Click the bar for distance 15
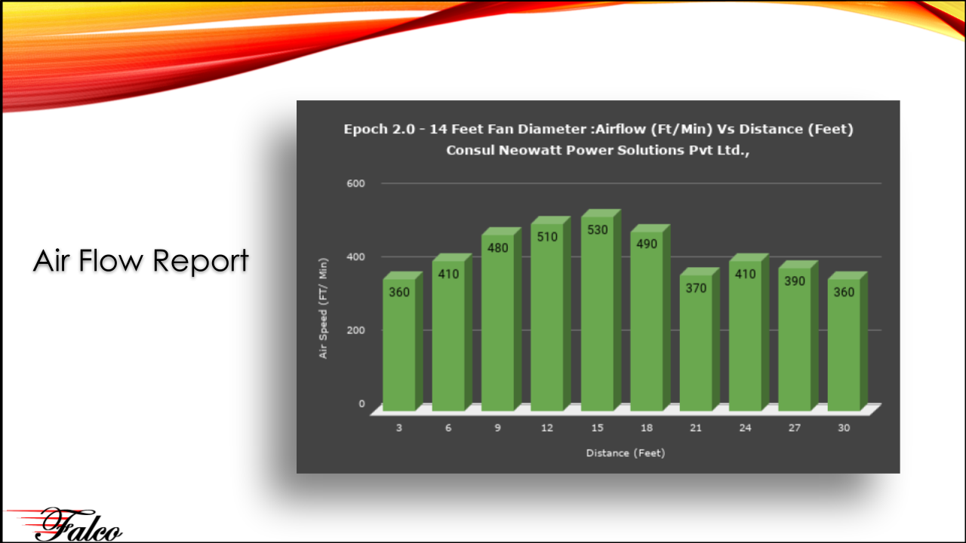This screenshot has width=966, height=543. pos(601,310)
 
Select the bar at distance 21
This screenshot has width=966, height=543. pos(700,339)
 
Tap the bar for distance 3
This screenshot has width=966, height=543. pos(403,342)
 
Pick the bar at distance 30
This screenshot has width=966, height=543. pos(848,342)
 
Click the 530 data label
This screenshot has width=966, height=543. pos(597,230)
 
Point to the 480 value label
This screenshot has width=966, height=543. pos(497,248)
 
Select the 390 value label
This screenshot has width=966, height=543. pos(795,281)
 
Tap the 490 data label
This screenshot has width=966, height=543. pos(647,244)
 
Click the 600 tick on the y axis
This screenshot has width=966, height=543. pos(355,183)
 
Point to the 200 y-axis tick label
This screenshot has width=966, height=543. pos(355,330)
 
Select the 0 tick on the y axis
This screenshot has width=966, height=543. pos(361,403)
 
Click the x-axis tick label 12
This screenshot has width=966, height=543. pos(547,428)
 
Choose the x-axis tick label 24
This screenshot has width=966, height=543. pos(745,428)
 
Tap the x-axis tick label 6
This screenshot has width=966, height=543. pos(448,428)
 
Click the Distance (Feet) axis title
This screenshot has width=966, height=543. pos(626,453)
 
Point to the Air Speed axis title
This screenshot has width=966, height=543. pos(323,308)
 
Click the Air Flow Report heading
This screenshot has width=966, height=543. pos(141,261)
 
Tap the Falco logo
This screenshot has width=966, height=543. pos(65,524)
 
